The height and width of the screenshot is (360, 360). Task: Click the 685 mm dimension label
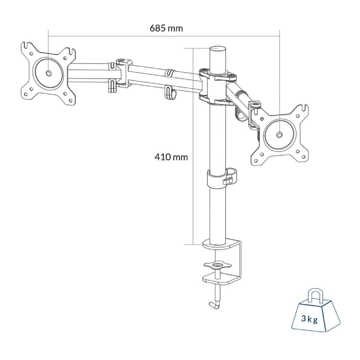pos(166,28)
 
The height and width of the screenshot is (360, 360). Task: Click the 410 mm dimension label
pos(171,157)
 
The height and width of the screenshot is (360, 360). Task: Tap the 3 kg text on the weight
pos(310,320)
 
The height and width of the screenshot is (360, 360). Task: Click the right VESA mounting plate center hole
pos(279,134)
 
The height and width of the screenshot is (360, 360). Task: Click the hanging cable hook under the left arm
pos(168,92)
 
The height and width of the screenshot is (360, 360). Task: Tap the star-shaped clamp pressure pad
pos(218,264)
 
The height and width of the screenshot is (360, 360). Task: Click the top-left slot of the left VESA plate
pos(26,47)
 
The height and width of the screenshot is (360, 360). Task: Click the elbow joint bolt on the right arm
pos(256,104)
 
